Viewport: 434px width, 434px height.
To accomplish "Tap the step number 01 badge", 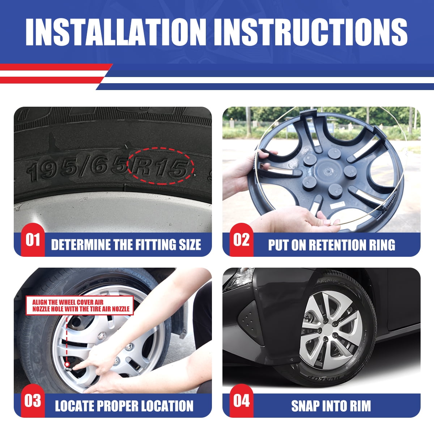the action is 33,240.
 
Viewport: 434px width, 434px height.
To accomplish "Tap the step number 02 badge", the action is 242,240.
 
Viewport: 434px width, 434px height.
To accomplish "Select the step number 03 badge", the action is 33,401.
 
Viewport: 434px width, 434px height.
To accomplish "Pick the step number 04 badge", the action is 242,401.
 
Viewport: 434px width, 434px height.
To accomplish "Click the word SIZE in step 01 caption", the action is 190,244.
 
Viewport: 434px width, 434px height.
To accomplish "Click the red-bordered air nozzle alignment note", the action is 80,305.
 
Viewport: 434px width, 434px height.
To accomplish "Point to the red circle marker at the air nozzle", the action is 67,364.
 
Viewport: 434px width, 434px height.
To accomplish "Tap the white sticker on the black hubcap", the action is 337,205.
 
